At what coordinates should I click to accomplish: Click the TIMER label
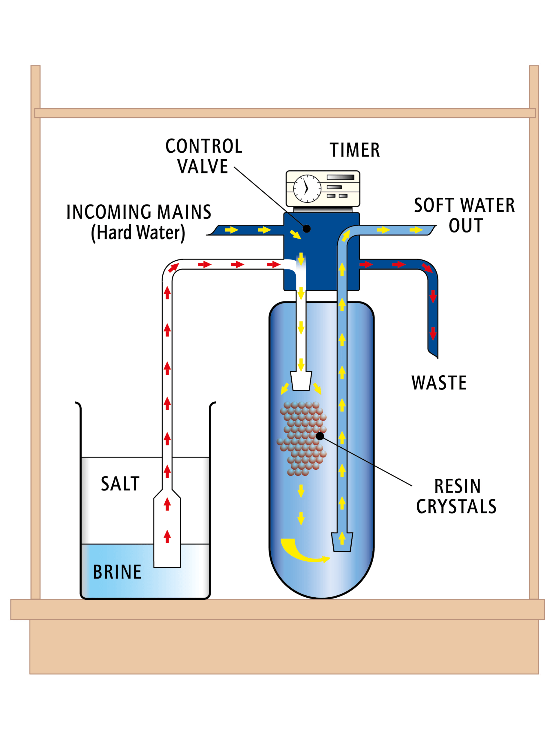click(355, 150)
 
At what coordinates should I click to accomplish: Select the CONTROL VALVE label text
click(204, 156)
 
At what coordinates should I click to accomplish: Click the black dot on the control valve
click(306, 229)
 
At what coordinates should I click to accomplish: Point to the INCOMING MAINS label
click(139, 212)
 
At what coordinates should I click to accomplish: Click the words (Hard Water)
click(138, 233)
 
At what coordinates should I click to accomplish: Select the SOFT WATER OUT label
click(464, 215)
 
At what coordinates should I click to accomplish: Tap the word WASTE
click(439, 383)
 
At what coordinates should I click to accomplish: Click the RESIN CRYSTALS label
click(456, 496)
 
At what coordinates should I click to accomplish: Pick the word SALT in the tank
click(120, 484)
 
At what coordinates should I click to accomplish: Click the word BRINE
click(117, 572)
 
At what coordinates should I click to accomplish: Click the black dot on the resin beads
click(320, 436)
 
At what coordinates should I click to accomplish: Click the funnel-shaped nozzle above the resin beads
click(301, 381)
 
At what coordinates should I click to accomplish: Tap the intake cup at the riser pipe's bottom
click(342, 542)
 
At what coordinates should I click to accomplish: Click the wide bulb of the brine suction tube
click(167, 533)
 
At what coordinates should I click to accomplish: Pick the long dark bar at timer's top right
click(340, 177)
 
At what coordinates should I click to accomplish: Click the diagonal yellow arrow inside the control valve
click(295, 234)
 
